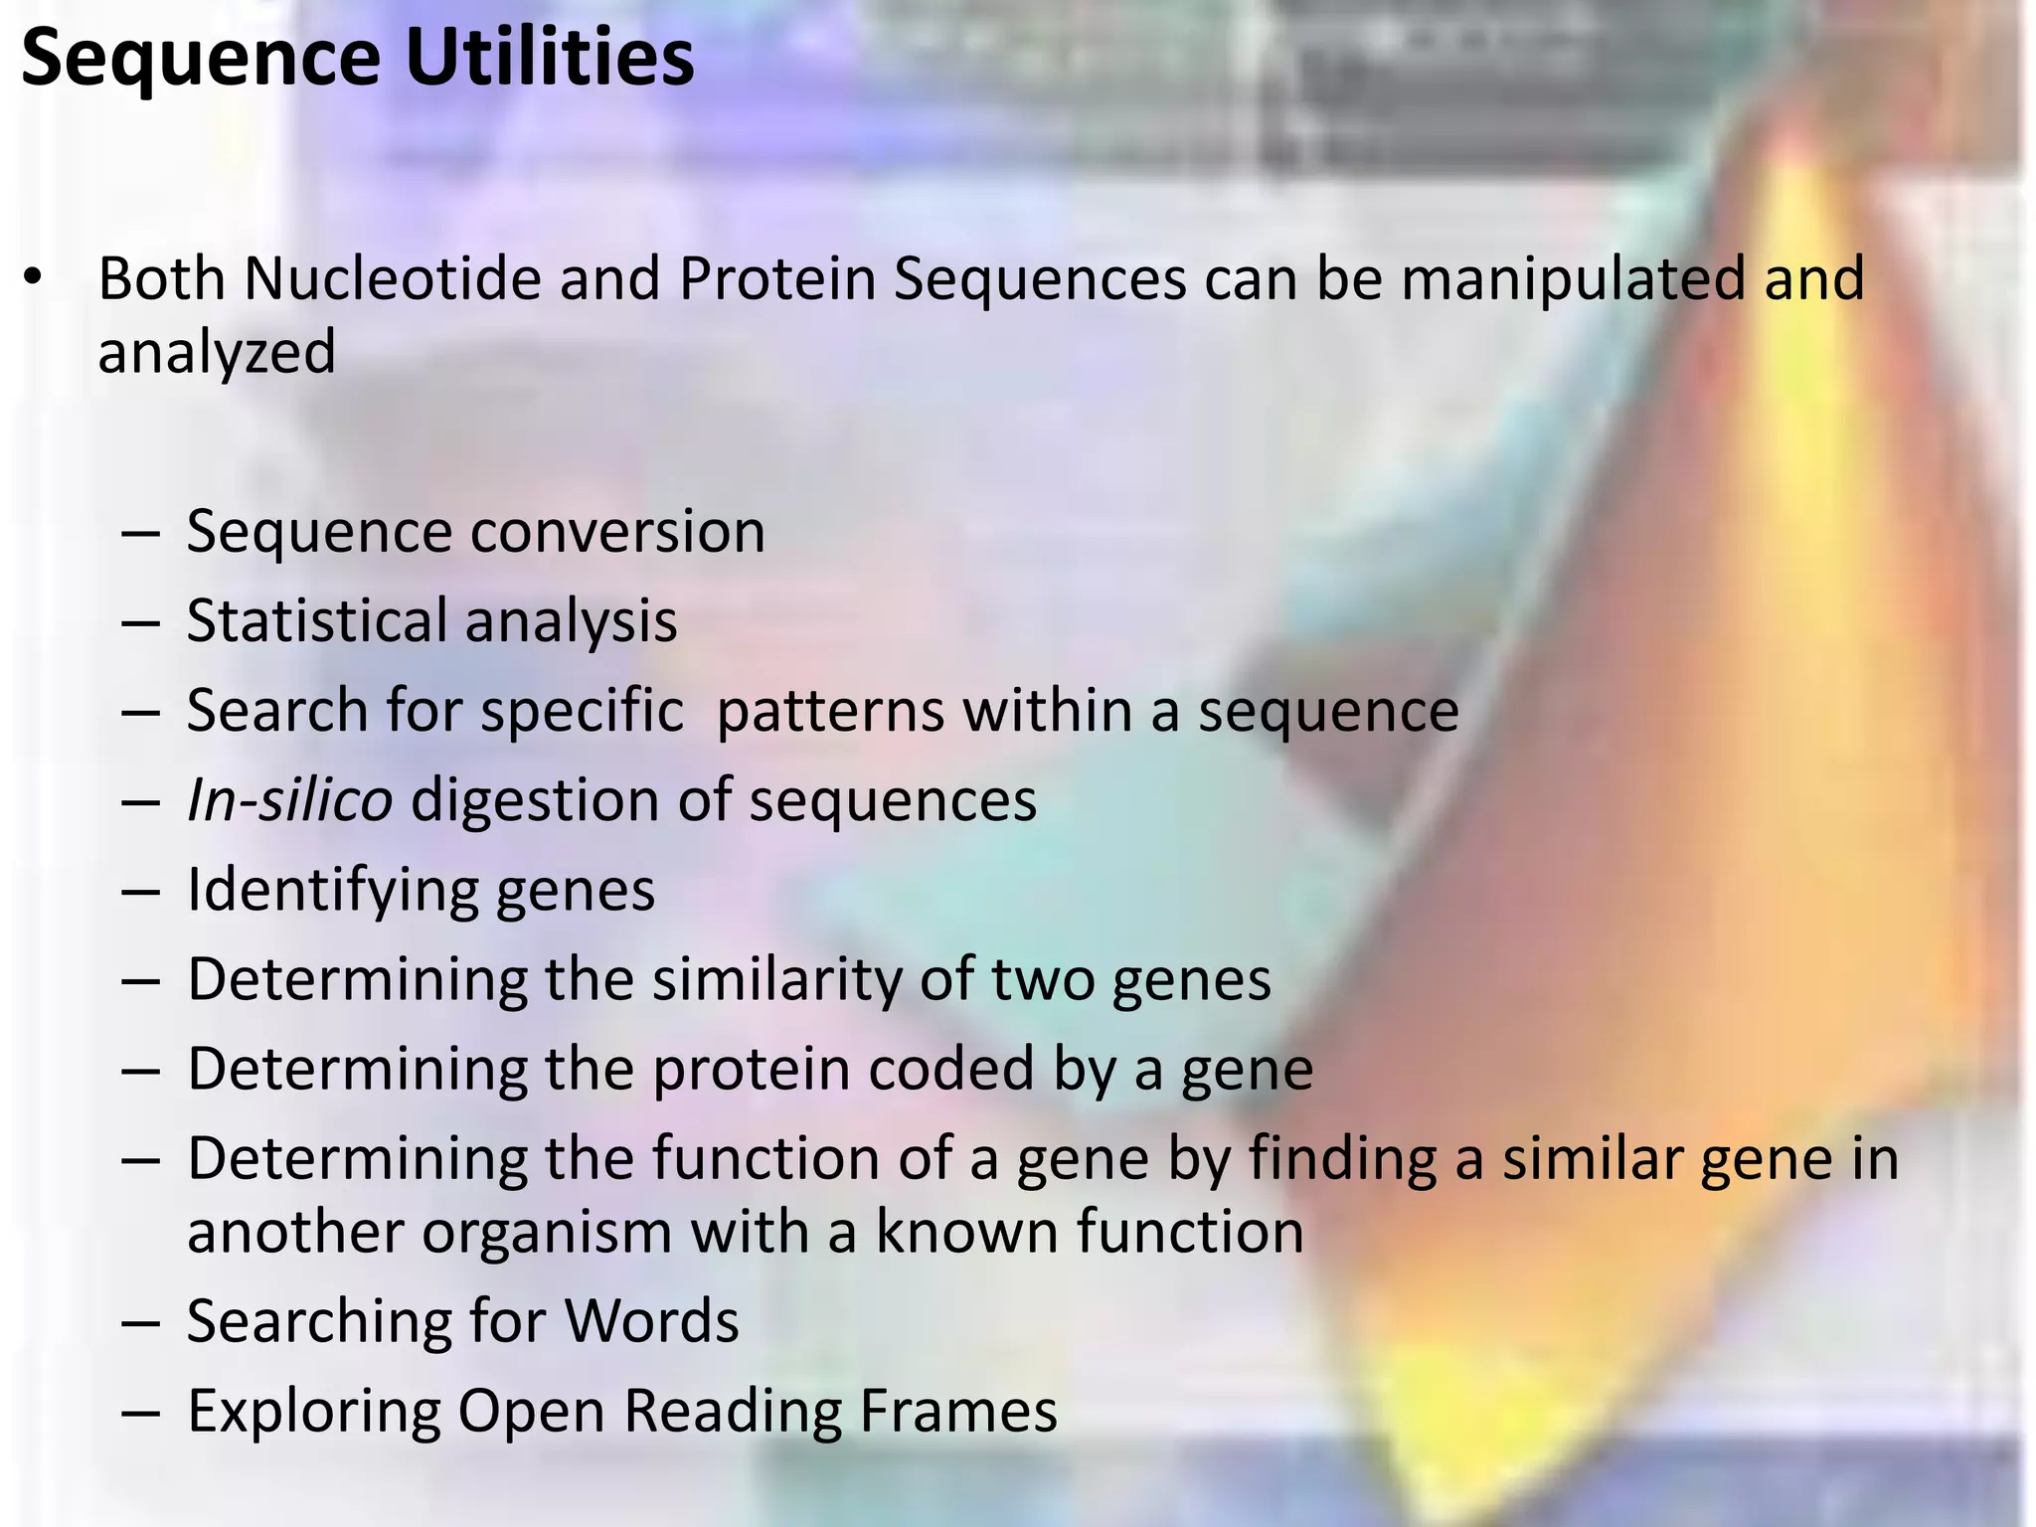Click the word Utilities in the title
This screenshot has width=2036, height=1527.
tap(549, 58)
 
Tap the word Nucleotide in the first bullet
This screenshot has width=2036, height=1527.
tap(392, 278)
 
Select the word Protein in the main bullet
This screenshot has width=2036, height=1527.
tap(776, 278)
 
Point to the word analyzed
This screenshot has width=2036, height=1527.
tap(217, 353)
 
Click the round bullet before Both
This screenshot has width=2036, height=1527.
tap(34, 278)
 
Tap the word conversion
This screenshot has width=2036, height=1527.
tap(617, 532)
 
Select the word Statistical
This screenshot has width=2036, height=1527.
tap(316, 621)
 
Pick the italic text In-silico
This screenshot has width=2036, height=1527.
tap(289, 800)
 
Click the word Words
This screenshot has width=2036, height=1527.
tap(651, 1321)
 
